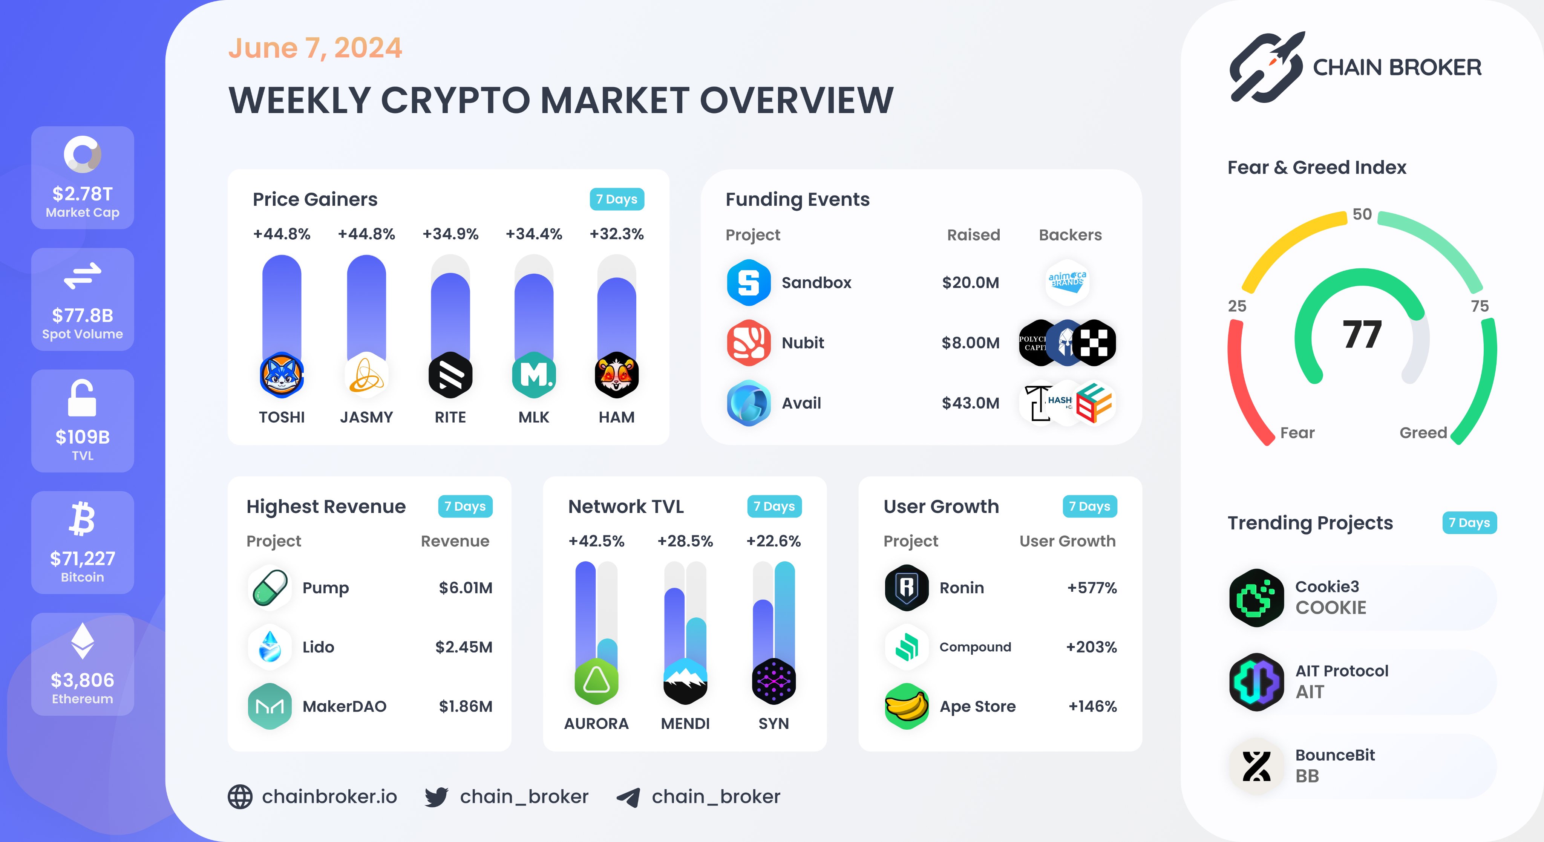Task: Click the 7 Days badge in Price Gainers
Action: tap(616, 199)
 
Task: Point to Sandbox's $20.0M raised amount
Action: tap(970, 282)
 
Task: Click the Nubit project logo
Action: tap(749, 343)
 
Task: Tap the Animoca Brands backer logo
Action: tap(1067, 282)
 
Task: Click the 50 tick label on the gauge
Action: tap(1362, 214)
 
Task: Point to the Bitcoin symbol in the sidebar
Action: tap(82, 519)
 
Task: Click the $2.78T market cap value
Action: tap(82, 194)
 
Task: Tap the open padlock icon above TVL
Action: tap(82, 398)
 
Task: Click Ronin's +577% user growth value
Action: tap(1092, 588)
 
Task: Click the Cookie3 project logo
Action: tap(1256, 598)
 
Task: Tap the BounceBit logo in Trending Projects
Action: tap(1256, 766)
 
